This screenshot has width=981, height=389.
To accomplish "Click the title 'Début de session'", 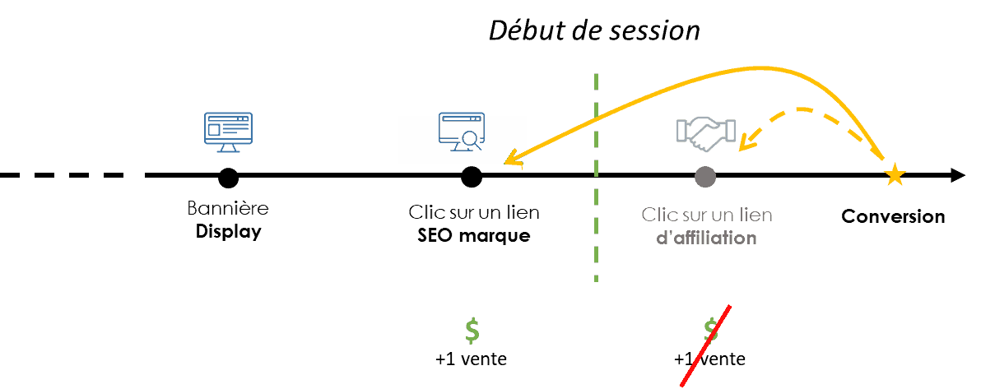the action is click(593, 31).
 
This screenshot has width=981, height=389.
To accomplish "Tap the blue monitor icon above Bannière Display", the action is click(228, 132).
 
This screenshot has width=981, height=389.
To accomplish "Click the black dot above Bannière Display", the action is click(228, 177).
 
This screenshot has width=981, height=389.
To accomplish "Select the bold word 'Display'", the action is click(228, 231).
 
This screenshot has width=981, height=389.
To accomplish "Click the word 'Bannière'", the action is click(228, 207).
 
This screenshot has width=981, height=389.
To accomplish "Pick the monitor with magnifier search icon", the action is click(461, 132).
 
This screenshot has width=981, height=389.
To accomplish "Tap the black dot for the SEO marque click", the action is click(471, 177).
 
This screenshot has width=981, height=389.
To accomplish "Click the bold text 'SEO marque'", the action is click(473, 237).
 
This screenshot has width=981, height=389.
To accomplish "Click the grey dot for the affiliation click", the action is click(705, 177).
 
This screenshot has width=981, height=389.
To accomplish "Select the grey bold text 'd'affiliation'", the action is click(706, 238).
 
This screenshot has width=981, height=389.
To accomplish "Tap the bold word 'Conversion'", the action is click(893, 216).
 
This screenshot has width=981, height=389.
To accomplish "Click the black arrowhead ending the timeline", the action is click(959, 176).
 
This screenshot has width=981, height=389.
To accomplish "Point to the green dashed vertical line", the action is click(596, 178).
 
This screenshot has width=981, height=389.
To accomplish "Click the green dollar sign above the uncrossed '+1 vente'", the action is click(472, 331).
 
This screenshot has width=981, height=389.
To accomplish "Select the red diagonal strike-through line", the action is click(704, 346).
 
